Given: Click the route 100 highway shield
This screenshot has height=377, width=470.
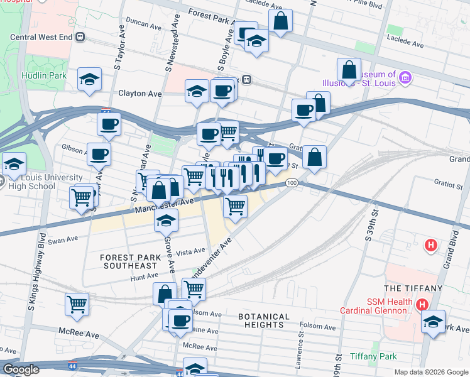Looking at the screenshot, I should coord(290,183).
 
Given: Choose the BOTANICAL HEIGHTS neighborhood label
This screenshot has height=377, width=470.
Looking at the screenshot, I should coord(264,320).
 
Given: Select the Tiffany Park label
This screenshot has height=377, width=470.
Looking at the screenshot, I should coord(373,356).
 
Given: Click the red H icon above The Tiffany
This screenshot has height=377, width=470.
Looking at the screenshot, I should coord(431,245).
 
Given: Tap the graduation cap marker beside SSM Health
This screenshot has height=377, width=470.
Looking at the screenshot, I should coord(433,322).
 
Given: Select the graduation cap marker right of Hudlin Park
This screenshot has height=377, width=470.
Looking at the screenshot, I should coord(89,79).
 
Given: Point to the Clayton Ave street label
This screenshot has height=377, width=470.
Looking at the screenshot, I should coord(140,94).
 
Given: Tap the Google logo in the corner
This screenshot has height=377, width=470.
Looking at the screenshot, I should coord(20,369).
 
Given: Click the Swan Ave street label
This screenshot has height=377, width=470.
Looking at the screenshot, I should coord(63,239).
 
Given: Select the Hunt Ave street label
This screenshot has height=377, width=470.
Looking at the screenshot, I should coord(145,276).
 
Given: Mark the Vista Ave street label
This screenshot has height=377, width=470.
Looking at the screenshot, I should coord(191,252).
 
